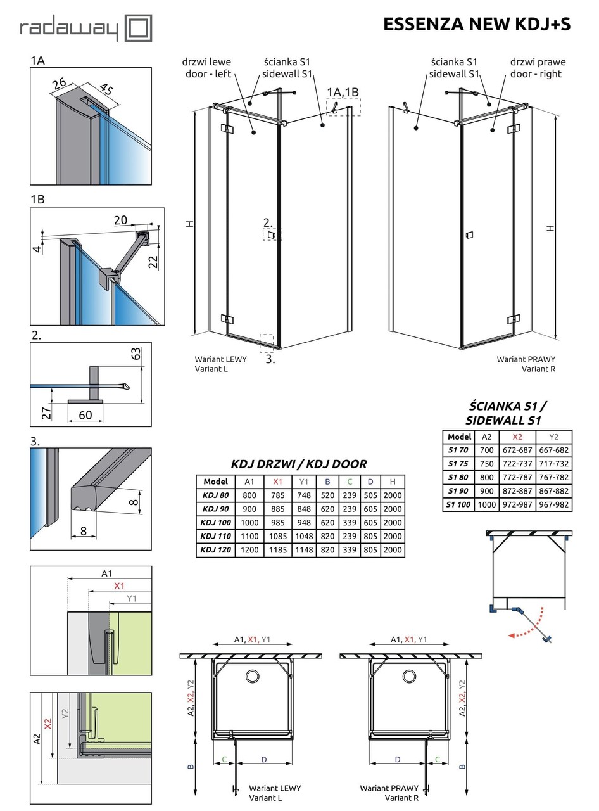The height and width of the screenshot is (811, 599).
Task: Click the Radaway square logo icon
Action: coord(138,29)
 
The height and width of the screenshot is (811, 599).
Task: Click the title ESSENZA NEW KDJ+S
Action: coord(477,24)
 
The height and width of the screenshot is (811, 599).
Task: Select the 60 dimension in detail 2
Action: coord(85,415)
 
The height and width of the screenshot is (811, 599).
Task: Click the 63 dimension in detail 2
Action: coord(136,354)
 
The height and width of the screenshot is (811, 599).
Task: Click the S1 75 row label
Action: coord(459,464)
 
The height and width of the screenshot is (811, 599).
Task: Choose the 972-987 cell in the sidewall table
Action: coord(517,505)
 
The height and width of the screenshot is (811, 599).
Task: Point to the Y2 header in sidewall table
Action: coord(553,437)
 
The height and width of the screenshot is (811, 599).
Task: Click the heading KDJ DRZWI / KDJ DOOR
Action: coord(299,464)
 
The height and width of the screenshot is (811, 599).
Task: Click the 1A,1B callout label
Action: coord(343,93)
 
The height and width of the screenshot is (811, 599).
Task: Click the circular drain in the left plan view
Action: coord(252,676)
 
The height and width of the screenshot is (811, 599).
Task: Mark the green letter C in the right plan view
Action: coord(438,760)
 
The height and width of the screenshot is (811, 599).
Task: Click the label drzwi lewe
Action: coord(206,62)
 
